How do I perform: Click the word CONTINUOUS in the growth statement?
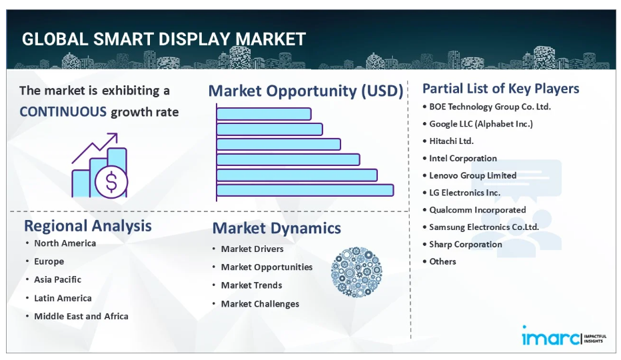(x=63, y=112)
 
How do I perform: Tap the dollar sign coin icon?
(x=111, y=181)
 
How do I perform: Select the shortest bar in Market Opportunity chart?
(x=264, y=114)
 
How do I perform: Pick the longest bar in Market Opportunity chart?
(x=305, y=190)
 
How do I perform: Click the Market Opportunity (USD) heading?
(x=306, y=91)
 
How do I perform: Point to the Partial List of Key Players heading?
(x=500, y=89)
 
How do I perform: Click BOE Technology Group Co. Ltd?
(x=490, y=107)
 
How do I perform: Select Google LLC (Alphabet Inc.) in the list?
(x=481, y=124)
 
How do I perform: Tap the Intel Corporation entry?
(x=463, y=158)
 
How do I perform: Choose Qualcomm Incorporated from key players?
(x=478, y=210)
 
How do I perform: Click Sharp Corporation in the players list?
(x=465, y=244)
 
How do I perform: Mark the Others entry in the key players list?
(x=442, y=261)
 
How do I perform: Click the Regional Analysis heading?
(x=88, y=226)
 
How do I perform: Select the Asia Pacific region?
(x=57, y=279)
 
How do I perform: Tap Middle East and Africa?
(x=81, y=316)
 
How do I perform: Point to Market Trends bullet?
(x=251, y=285)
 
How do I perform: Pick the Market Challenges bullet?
(x=260, y=304)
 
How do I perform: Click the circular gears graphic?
(x=356, y=272)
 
